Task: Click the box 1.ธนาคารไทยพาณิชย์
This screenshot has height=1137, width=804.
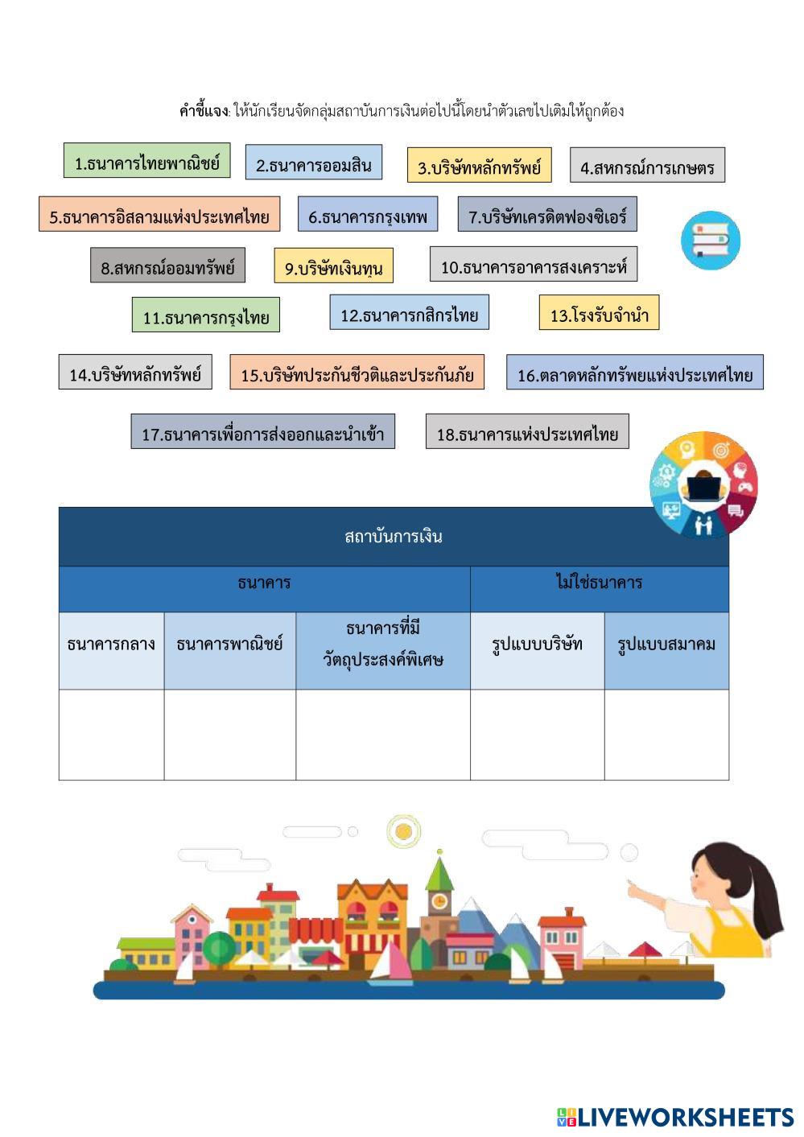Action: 146,162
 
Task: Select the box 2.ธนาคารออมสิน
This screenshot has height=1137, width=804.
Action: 313,164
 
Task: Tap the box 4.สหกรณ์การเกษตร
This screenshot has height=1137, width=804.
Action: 647,167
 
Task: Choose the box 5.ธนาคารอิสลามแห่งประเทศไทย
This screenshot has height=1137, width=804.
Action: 159,216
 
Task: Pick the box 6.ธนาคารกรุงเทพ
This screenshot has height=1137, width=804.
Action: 368,216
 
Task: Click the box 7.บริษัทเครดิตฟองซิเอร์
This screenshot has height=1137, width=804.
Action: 547,216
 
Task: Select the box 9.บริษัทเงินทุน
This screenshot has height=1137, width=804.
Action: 333,267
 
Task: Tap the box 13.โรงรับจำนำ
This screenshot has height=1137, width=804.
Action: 599,314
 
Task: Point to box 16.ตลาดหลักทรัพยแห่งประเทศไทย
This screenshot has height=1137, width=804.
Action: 634,373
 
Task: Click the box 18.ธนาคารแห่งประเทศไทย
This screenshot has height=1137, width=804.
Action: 527,433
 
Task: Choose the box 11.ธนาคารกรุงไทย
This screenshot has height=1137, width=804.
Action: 206,316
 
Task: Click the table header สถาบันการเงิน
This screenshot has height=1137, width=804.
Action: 393,537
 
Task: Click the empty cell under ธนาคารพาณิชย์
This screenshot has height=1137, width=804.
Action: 229,735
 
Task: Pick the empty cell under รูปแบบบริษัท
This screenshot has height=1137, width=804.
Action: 537,735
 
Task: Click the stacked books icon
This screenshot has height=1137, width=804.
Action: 710,240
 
